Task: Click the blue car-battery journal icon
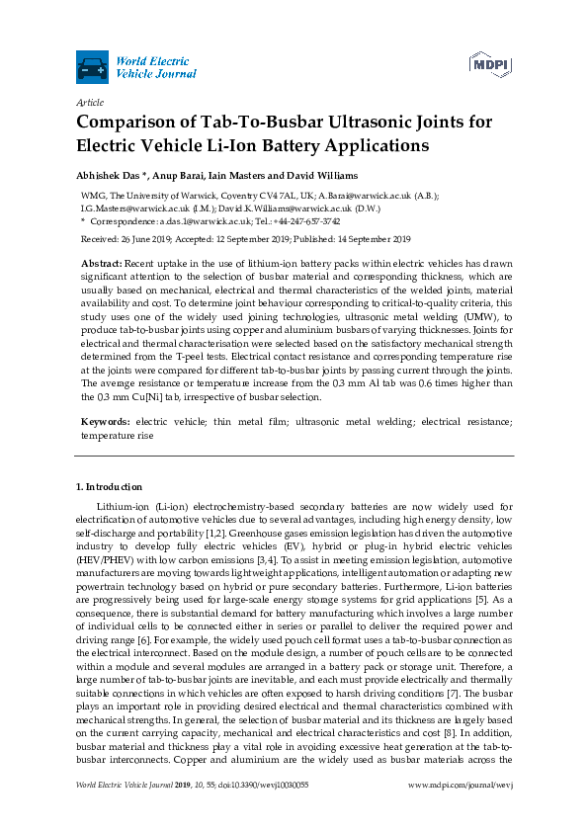tap(92, 67)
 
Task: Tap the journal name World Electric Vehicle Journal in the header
tap(155, 67)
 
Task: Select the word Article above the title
tap(89, 102)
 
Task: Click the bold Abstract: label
tap(102, 265)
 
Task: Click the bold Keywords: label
tap(107, 422)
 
